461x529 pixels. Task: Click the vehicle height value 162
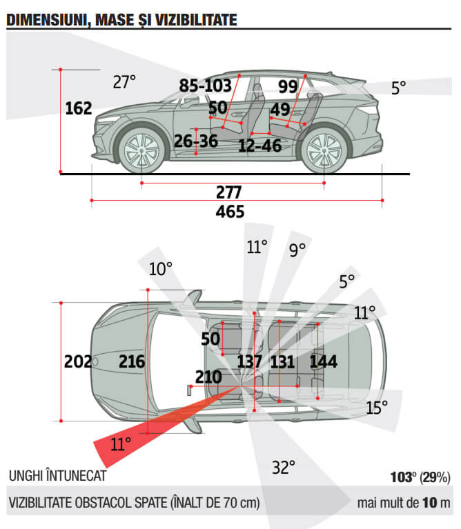tap(79, 108)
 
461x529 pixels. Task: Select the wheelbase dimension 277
tap(229, 192)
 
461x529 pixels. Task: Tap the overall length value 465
tap(230, 212)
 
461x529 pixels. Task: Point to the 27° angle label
tap(124, 82)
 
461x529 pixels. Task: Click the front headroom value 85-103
tap(205, 86)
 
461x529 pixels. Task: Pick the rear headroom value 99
tap(288, 87)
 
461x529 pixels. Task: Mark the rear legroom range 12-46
tap(260, 146)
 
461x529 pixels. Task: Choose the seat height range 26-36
tap(196, 141)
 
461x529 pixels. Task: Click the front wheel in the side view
tap(141, 151)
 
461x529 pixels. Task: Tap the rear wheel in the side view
tap(324, 151)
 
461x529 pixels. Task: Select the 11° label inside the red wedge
tap(121, 444)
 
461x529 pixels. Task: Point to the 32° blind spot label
tap(284, 468)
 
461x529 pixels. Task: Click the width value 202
tap(78, 361)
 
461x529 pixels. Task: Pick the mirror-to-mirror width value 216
tap(132, 361)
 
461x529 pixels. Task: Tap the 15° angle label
tap(377, 408)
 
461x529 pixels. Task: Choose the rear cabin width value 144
tap(323, 361)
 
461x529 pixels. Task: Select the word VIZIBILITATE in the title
tap(196, 20)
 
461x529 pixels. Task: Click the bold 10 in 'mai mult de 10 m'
tap(430, 503)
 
